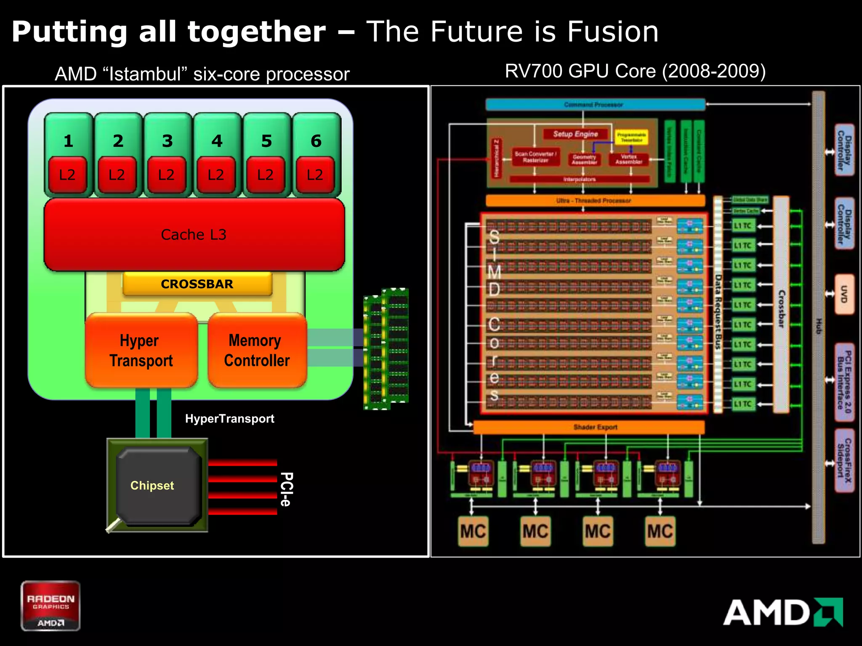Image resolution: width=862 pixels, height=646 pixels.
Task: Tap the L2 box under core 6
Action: [315, 175]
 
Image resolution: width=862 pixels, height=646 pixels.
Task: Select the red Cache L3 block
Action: [194, 235]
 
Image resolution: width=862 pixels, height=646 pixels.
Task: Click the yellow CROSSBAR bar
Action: [197, 284]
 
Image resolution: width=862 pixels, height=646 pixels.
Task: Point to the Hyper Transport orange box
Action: [141, 350]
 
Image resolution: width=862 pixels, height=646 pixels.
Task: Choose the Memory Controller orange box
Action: [257, 350]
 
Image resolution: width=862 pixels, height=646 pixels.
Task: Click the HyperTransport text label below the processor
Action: [229, 418]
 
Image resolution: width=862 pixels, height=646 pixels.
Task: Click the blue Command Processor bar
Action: [595, 104]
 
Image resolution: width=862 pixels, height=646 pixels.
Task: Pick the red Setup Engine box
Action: [575, 134]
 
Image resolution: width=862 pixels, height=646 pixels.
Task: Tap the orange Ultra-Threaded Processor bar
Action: [595, 201]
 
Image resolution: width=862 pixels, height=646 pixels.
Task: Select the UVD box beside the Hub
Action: [844, 294]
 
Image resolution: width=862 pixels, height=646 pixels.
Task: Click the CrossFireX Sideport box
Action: [844, 461]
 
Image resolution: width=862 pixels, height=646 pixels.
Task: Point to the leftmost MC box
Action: [473, 531]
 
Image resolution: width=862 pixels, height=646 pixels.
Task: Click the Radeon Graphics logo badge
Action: [51, 606]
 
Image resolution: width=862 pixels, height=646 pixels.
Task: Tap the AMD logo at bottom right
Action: [783, 612]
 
